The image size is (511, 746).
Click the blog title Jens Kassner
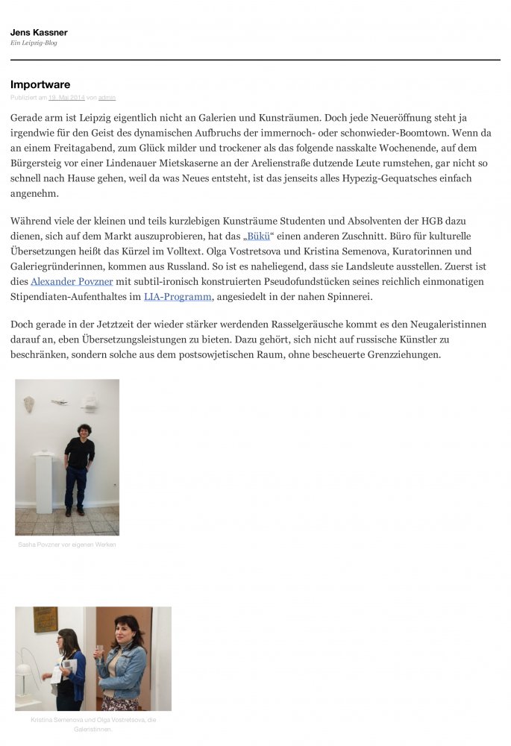point(39,33)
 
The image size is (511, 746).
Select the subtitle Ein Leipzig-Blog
point(34,43)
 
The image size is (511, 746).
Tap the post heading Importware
point(40,84)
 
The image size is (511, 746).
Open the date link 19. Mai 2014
point(66,98)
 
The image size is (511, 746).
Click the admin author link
point(107,98)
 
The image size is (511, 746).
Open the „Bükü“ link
point(257,236)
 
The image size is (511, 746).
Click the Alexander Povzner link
point(72,281)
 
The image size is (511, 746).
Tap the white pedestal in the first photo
point(44,483)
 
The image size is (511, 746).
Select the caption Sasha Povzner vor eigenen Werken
point(67,545)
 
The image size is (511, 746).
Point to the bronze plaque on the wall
point(46,619)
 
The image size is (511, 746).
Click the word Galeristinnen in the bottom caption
point(93,729)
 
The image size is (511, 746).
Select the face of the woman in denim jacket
point(126,633)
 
